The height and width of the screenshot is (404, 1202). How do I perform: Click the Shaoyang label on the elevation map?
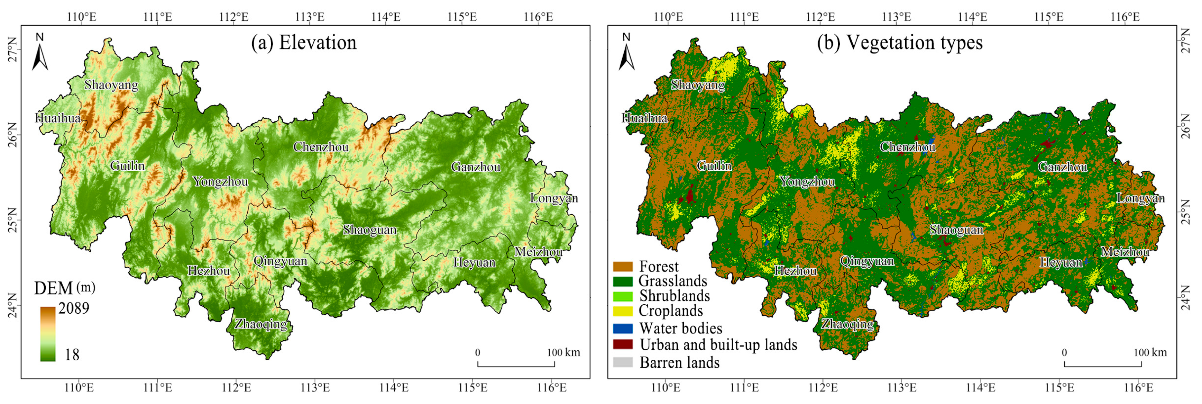pyautogui.click(x=111, y=85)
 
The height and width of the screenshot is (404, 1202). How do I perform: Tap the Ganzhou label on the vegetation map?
pyautogui.click(x=1063, y=167)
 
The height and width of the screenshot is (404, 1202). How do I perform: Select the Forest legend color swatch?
pyautogui.click(x=623, y=267)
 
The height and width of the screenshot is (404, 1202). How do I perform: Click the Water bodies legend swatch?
pyautogui.click(x=623, y=328)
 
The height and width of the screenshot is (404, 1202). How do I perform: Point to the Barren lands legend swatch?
pyautogui.click(x=623, y=362)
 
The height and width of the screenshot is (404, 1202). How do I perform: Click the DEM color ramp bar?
pyautogui.click(x=48, y=333)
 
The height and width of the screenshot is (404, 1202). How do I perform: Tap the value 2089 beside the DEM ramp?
pyautogui.click(x=74, y=308)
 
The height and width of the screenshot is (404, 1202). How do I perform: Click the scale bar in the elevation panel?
pyautogui.click(x=516, y=364)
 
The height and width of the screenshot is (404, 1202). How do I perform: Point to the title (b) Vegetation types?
pyautogui.click(x=899, y=43)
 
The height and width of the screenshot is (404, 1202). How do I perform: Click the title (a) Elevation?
pyautogui.click(x=304, y=43)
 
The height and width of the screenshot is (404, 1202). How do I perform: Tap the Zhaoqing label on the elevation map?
pyautogui.click(x=261, y=324)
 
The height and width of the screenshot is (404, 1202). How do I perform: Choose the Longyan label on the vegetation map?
pyautogui.click(x=1140, y=198)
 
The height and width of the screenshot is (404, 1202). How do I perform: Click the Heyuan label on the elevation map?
pyautogui.click(x=474, y=262)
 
